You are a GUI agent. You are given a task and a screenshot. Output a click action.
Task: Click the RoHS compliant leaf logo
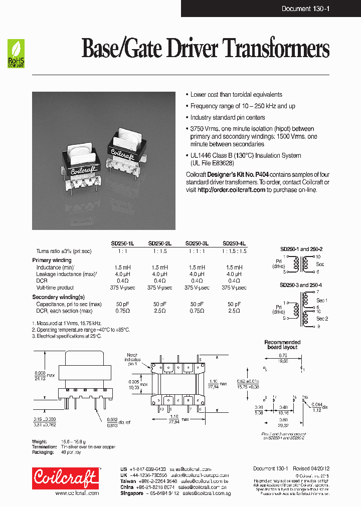tap(16, 54)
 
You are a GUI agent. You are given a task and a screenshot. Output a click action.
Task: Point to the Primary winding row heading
tap(52, 260)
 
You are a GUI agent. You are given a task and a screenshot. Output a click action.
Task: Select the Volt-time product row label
tap(55, 288)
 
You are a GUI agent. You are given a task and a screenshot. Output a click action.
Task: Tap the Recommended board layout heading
tap(282, 344)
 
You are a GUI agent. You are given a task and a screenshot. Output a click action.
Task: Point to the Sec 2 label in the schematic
tap(322, 318)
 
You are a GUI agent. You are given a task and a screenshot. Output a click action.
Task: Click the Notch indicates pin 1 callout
tap(133, 360)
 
